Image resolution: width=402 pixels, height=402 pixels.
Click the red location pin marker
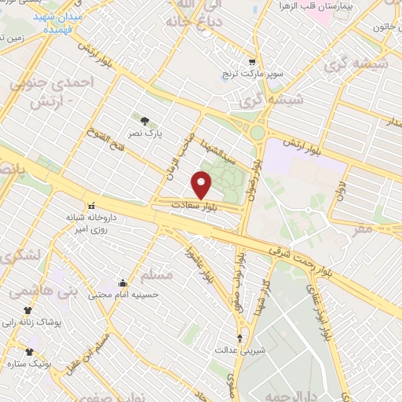click(202, 185)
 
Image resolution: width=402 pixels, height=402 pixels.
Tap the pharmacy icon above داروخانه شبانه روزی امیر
click(92, 204)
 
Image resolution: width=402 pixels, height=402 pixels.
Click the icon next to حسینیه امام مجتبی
click(122, 283)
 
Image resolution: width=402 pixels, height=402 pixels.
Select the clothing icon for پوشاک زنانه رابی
click(28, 311)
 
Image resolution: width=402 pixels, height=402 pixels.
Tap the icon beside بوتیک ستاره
click(31, 351)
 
